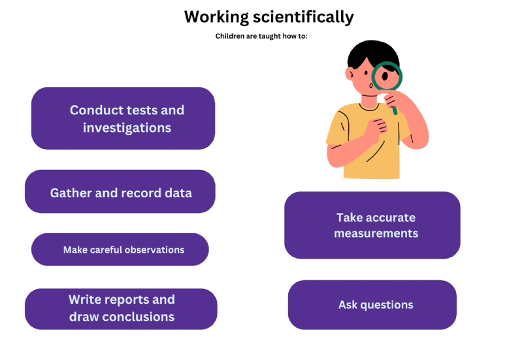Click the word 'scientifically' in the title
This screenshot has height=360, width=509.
pyautogui.click(x=303, y=17)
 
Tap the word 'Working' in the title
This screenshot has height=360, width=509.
pyautogui.click(x=216, y=17)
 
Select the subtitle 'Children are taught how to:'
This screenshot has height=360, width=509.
pyautogui.click(x=261, y=36)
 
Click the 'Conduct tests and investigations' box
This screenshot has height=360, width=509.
pyautogui.click(x=123, y=118)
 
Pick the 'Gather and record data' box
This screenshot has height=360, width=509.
pyautogui.click(x=120, y=191)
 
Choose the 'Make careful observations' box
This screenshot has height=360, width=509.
pyautogui.click(x=120, y=250)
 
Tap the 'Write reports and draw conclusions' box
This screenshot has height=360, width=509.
pyautogui.click(x=121, y=309)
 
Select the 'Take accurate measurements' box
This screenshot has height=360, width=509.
pyautogui.click(x=372, y=225)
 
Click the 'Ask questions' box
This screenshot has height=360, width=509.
pyautogui.click(x=372, y=305)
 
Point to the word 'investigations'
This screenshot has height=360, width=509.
pyautogui.click(x=127, y=128)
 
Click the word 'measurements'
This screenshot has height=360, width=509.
pyautogui.click(x=376, y=233)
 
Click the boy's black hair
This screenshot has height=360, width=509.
pyautogui.click(x=373, y=52)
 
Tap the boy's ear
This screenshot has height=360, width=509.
pyautogui.click(x=350, y=74)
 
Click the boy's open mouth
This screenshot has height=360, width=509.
pyautogui.click(x=370, y=86)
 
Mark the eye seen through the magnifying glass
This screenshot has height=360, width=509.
pyautogui.click(x=385, y=76)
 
